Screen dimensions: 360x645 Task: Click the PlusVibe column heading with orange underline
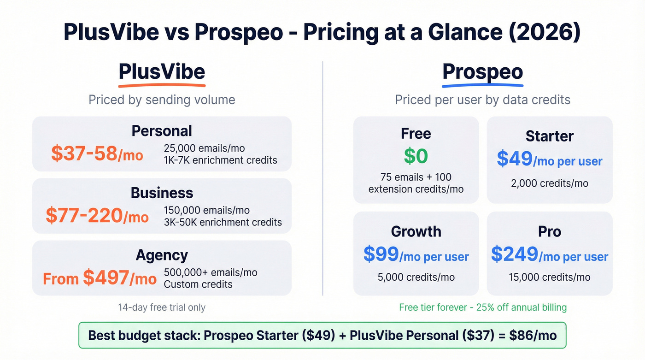[x=162, y=72]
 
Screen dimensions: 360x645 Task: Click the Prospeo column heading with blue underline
[x=482, y=72]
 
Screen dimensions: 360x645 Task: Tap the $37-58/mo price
[x=97, y=154]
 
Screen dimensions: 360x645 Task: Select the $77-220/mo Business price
[x=97, y=216]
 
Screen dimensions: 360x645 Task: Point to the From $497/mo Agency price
[x=100, y=278]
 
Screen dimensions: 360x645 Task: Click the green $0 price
[x=416, y=156]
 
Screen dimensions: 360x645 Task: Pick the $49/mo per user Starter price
[x=549, y=160]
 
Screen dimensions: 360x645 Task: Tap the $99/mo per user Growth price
[x=416, y=255]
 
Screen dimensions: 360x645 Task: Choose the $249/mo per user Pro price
[x=549, y=255]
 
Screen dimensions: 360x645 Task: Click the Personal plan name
[x=162, y=131]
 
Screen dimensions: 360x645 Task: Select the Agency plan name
[x=162, y=255]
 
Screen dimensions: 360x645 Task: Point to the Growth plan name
[x=416, y=231]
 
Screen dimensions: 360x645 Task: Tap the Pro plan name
[x=549, y=231]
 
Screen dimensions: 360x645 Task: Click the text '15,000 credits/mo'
[x=549, y=277]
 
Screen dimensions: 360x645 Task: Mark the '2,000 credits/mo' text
[x=549, y=183]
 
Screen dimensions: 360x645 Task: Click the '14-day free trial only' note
[x=162, y=307]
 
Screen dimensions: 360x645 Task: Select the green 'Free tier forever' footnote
[x=482, y=307]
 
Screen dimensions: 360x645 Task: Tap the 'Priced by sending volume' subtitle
[x=162, y=100]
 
